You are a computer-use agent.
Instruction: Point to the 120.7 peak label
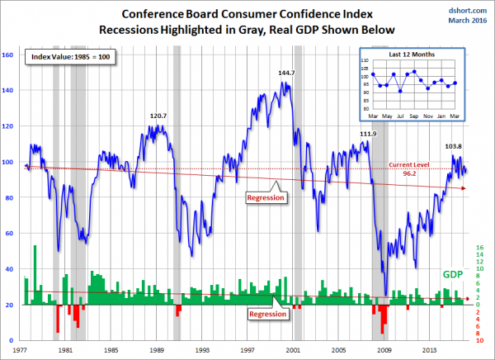pyautogui.click(x=158, y=116)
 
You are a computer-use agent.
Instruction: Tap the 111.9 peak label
pyautogui.click(x=369, y=134)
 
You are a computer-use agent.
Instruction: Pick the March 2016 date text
pyautogui.click(x=467, y=21)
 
